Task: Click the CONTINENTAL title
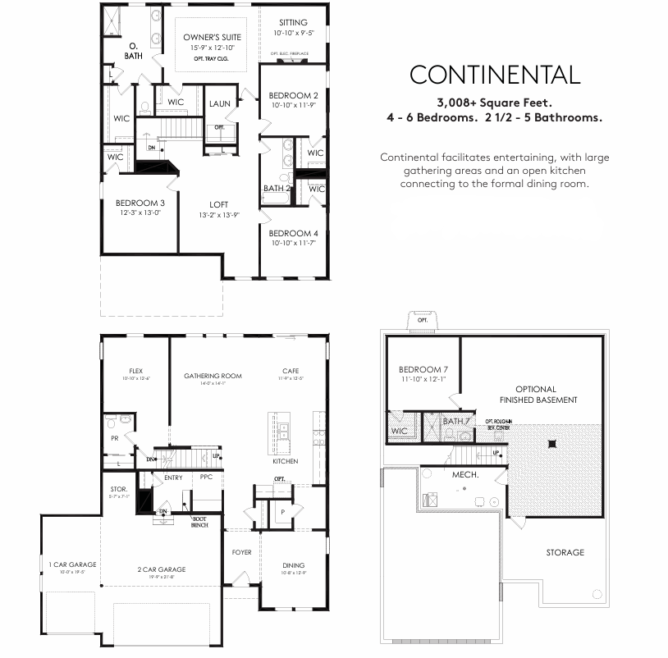tap(495, 75)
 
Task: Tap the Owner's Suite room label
tap(212, 38)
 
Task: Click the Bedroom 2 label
tap(294, 95)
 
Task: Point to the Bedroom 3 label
tap(140, 203)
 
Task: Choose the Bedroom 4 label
tap(294, 233)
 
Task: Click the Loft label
tap(218, 204)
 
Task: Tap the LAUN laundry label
tap(219, 103)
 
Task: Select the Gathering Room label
tap(213, 376)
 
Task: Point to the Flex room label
tap(135, 371)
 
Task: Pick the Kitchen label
tap(286, 461)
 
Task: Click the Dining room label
tap(293, 565)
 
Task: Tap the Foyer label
tap(241, 552)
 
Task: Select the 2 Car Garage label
tap(161, 569)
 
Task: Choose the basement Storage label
tap(565, 552)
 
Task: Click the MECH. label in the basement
tap(464, 474)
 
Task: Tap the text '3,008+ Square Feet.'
tap(495, 103)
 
